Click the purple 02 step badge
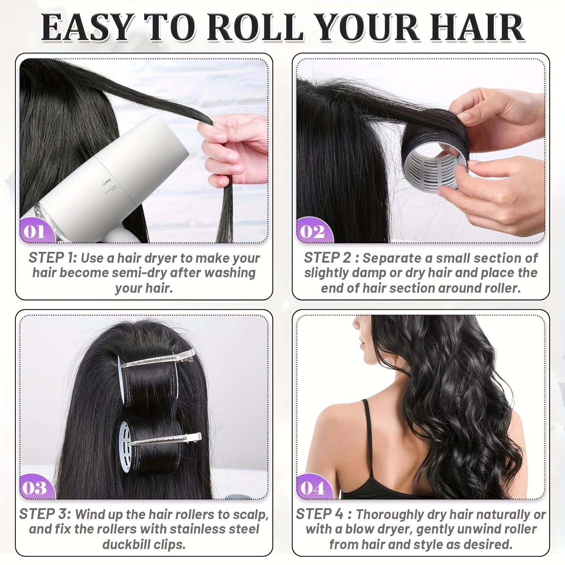tap(312, 231)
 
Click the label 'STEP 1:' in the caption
tap(53, 258)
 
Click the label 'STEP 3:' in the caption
tap(44, 514)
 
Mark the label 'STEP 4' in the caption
tap(320, 514)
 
